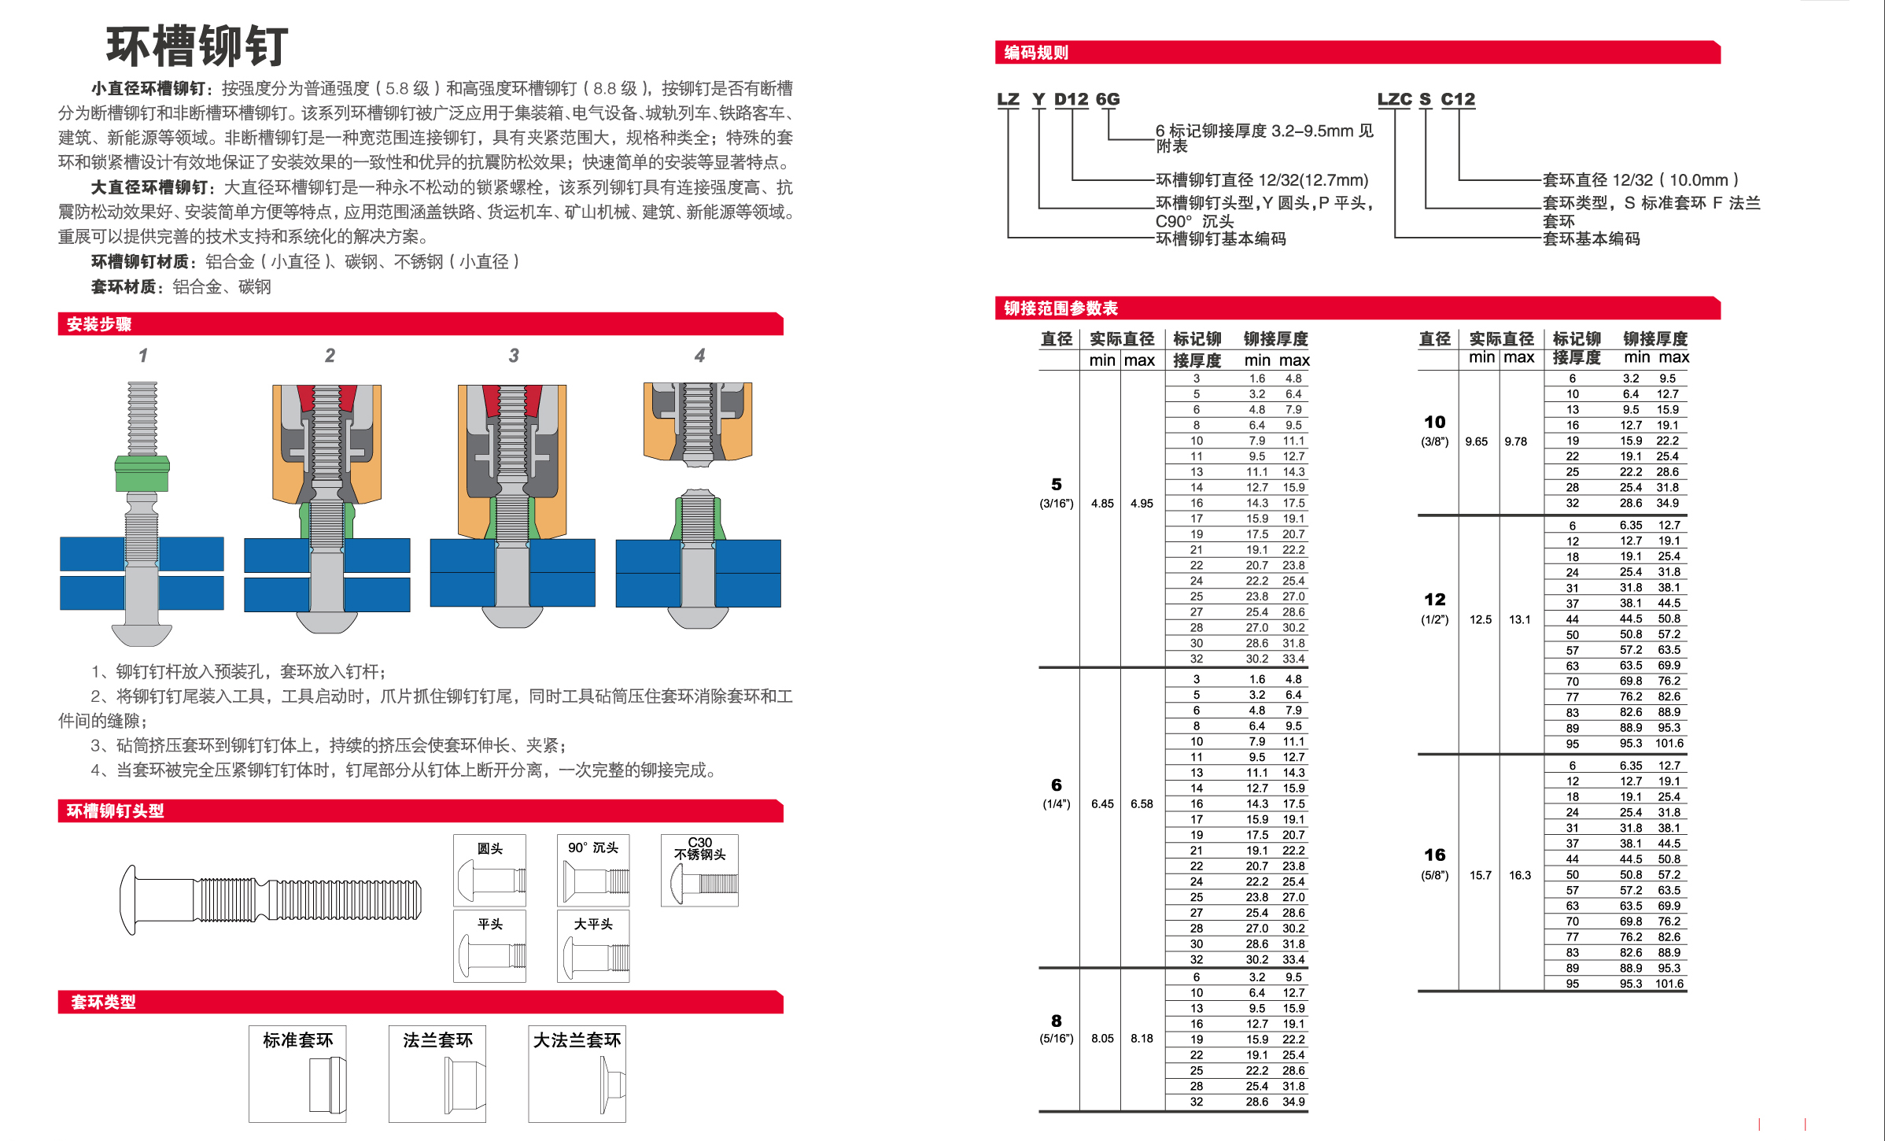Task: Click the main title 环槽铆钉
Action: (197, 46)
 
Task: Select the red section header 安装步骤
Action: (99, 324)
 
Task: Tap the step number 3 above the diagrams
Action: (514, 356)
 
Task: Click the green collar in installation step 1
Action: (142, 474)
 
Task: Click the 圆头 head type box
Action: (489, 870)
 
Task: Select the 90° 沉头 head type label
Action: (593, 847)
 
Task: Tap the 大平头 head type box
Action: (593, 946)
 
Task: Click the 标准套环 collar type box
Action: (297, 1073)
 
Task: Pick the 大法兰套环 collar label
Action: (577, 1040)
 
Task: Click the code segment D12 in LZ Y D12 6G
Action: (1071, 99)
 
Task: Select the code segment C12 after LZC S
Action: (1458, 99)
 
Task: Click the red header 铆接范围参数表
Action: (1061, 308)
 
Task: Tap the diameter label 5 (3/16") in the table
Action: (1056, 493)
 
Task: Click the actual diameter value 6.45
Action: (1102, 803)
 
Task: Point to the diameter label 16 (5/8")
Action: (1434, 863)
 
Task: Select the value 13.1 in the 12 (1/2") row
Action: (1519, 619)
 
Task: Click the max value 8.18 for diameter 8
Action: (1142, 1038)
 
